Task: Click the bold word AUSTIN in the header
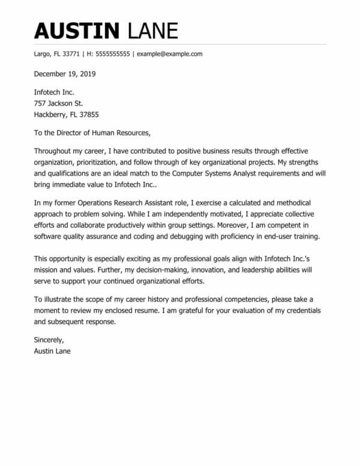pos(76,29)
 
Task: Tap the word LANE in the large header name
pos(151,29)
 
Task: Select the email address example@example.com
pos(170,54)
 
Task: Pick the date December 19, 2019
pos(64,74)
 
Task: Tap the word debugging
pos(200,236)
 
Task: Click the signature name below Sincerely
pos(52,351)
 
